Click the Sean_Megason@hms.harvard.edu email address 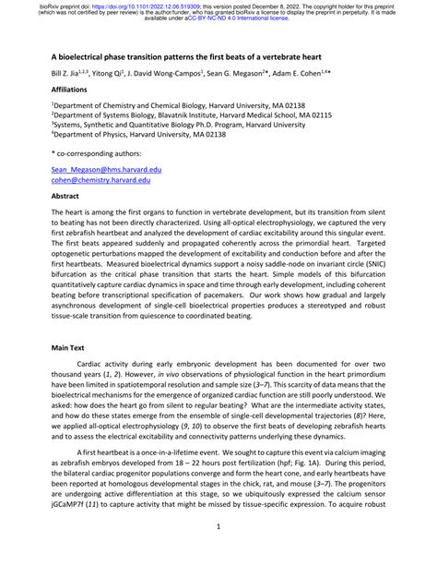102,172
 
